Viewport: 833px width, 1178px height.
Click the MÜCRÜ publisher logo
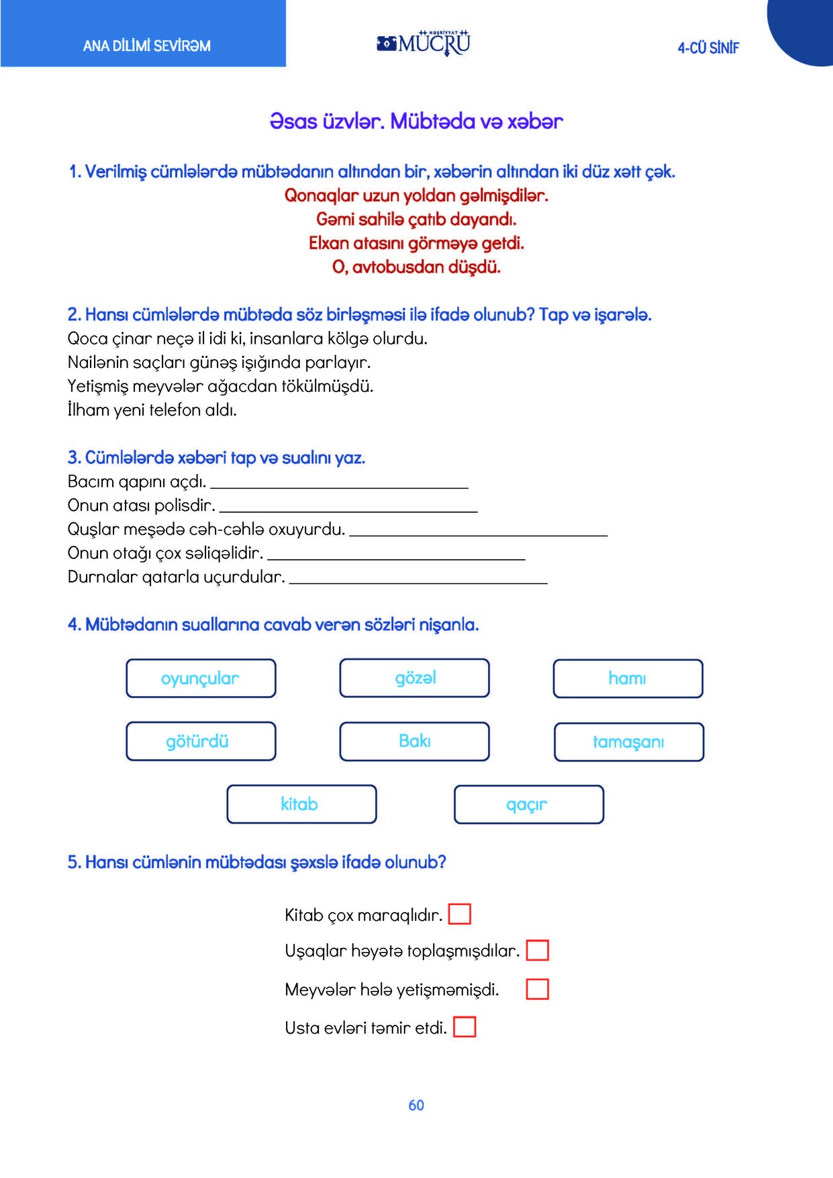[424, 43]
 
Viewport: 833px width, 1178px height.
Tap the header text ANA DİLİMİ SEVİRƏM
[146, 46]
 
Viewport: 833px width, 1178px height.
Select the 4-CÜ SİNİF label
[708, 48]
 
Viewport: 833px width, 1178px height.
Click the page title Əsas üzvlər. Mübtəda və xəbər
[416, 121]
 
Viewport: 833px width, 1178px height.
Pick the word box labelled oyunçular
[201, 679]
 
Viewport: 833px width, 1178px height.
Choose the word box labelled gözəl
[414, 678]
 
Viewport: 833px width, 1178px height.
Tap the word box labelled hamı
[628, 679]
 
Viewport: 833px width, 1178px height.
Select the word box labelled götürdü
[201, 741]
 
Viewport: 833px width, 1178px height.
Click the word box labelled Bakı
[414, 741]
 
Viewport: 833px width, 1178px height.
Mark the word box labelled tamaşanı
[628, 742]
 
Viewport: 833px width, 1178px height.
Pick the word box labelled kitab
[301, 804]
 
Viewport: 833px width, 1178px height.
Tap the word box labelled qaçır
[528, 804]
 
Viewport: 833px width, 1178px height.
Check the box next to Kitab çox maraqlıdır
[459, 914]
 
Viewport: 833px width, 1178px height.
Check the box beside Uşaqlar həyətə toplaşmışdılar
[537, 950]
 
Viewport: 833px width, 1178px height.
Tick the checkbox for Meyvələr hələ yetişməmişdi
[537, 989]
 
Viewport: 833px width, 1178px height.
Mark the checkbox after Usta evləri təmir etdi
[464, 1027]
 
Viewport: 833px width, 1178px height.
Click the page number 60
[416, 1106]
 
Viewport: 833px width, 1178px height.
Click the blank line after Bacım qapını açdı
[339, 483]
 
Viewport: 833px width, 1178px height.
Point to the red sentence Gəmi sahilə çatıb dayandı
[416, 219]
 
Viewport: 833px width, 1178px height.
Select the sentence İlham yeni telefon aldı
[152, 410]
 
